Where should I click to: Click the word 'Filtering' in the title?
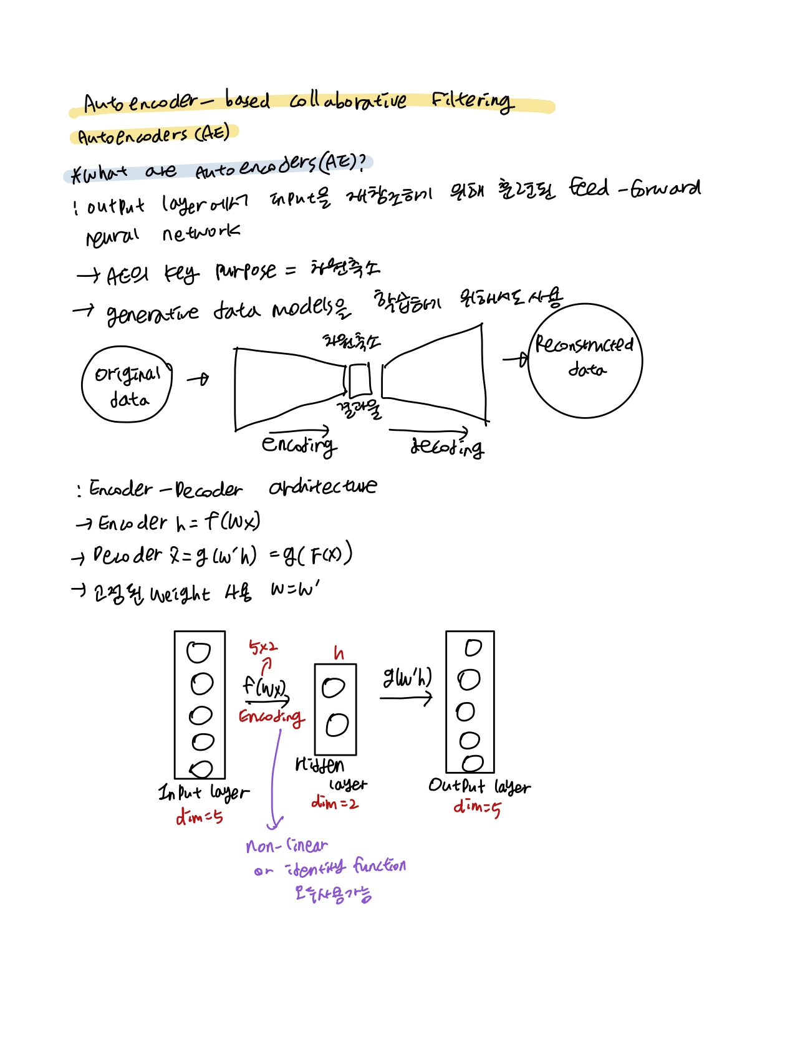pos(472,100)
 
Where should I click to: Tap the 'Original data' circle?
pos(127,384)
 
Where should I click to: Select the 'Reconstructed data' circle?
pos(585,360)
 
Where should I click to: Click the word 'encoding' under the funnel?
pos(299,445)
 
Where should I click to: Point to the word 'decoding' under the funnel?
pos(446,447)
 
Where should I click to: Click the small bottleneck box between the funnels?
pos(359,380)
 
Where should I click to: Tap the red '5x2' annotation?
pos(263,648)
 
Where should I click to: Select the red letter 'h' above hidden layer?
pos(338,653)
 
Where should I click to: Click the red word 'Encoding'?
pos(271,717)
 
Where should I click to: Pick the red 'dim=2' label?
pos(335,803)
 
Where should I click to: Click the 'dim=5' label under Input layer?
pos(199,816)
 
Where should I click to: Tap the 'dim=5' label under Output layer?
pos(477,807)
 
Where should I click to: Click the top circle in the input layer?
pos(199,652)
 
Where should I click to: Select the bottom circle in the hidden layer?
pos(337,725)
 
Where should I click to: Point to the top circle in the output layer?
pos(473,648)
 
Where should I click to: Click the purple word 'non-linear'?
pos(286,846)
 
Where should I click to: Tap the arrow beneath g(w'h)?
pos(406,698)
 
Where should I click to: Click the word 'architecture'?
pos(322,487)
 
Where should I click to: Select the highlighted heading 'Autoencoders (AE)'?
pos(153,135)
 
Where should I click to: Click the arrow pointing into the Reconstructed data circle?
pos(516,359)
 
